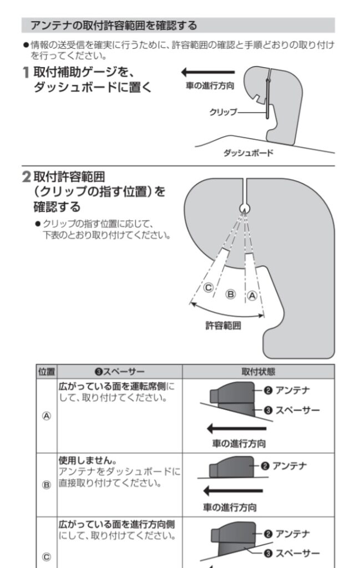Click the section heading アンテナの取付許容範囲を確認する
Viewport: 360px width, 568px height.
coord(114,26)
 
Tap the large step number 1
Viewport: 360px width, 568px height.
coord(26,73)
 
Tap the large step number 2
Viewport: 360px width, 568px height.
coord(27,177)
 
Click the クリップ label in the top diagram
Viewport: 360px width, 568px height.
coord(223,112)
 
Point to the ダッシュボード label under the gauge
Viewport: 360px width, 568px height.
coord(248,153)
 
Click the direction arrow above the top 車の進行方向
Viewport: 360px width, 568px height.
coord(208,73)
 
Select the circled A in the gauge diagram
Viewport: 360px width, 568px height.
coord(252,296)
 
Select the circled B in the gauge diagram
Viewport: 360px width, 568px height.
coord(230,294)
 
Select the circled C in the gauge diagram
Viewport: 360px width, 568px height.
coord(208,288)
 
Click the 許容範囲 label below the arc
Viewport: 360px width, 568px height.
coord(223,325)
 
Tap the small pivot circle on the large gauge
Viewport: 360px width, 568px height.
coord(245,208)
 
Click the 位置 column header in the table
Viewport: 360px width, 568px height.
coord(47,372)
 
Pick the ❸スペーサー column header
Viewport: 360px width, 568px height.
coord(119,372)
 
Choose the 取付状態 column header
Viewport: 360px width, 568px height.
coord(258,372)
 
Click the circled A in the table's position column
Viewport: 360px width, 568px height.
coord(47,416)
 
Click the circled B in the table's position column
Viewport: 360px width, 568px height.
coord(47,485)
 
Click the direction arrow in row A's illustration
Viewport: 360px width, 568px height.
coord(236,429)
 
